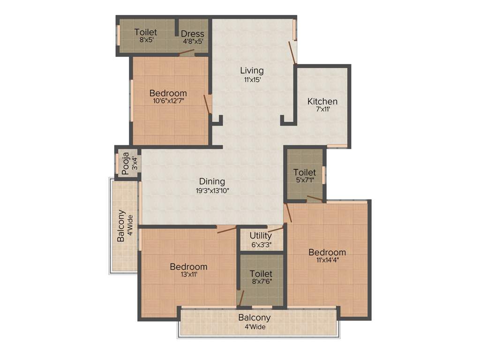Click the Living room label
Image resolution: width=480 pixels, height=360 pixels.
(252, 71)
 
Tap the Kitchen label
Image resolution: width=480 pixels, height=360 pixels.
(322, 101)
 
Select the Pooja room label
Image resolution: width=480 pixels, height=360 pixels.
(125, 163)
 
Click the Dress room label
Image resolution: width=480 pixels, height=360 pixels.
(193, 34)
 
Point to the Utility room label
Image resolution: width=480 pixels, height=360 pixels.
(261, 235)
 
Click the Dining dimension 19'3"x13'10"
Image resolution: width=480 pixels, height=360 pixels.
(212, 190)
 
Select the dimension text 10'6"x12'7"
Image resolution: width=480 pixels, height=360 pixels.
(168, 101)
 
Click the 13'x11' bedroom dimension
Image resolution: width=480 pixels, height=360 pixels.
(188, 275)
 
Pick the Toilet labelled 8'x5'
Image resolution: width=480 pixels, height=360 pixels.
(145, 32)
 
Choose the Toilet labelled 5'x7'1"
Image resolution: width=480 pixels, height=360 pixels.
(305, 172)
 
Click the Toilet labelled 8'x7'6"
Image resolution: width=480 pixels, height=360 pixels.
(261, 273)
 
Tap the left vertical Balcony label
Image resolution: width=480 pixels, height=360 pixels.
(121, 225)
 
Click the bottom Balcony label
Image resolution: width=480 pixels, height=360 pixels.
(254, 317)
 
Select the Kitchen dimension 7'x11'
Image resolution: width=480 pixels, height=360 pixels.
(322, 109)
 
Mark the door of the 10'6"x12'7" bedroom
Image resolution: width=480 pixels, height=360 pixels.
(207, 105)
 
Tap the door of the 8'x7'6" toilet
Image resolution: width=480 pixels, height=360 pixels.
(241, 298)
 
